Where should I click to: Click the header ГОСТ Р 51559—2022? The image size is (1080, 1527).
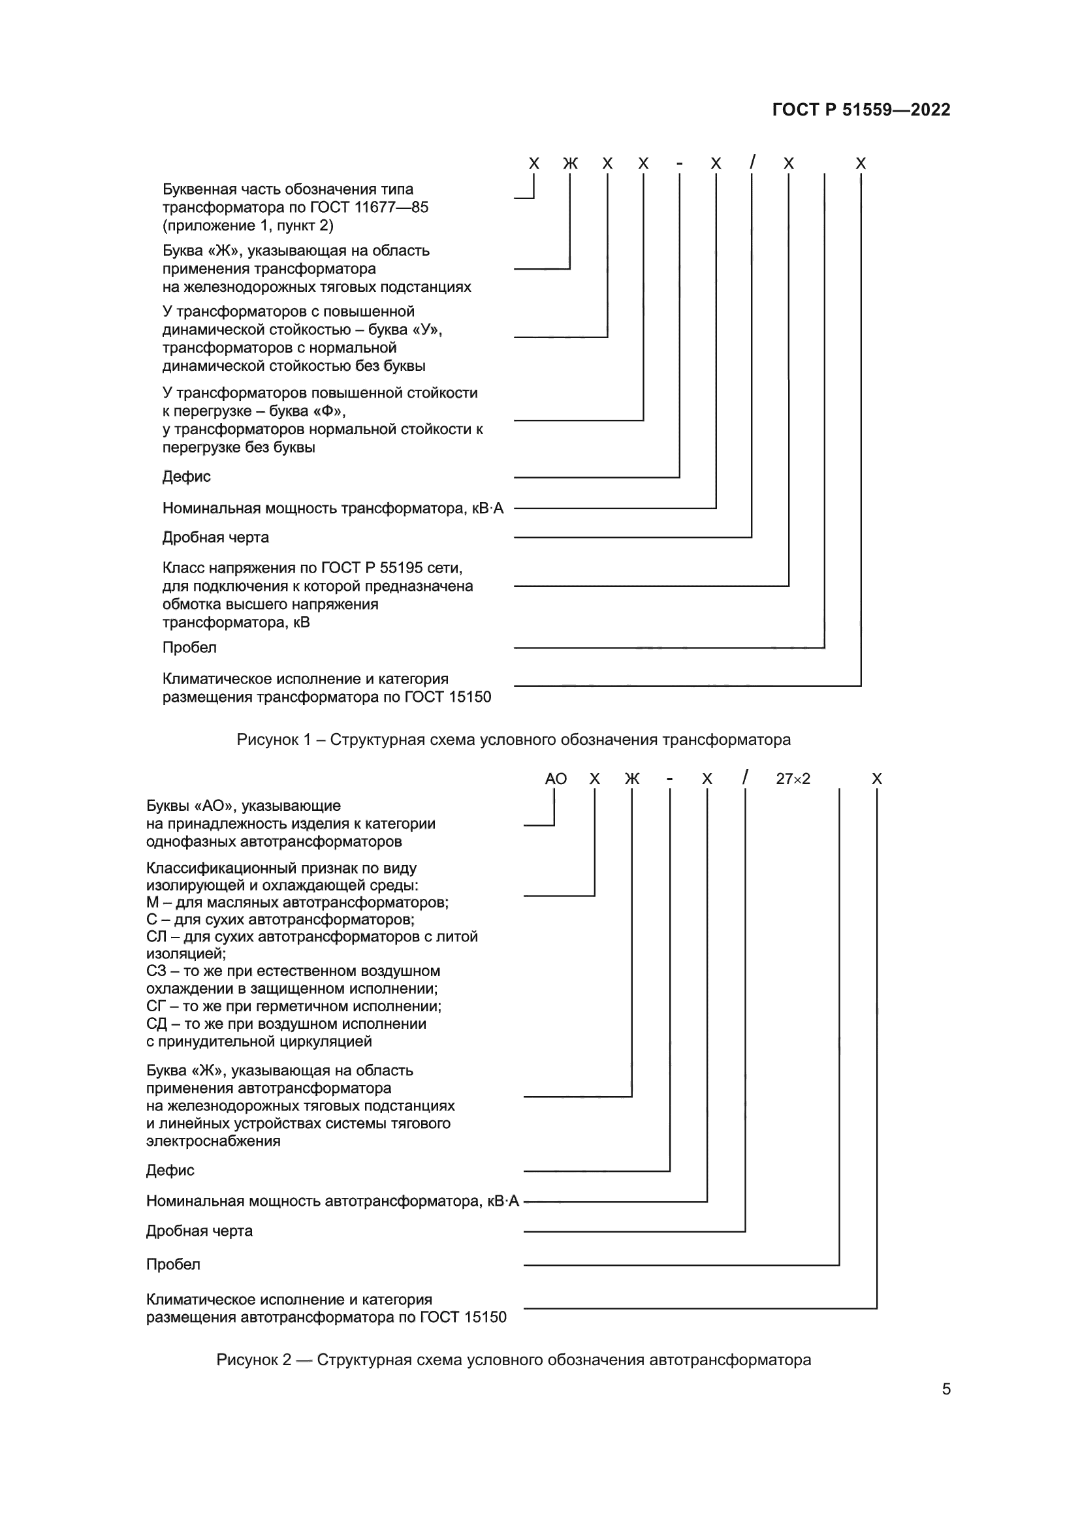861,110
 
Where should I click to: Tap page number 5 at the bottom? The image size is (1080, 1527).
945,1389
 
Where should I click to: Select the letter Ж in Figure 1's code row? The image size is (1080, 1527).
570,164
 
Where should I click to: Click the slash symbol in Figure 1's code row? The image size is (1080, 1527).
752,163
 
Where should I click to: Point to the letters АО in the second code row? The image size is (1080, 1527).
555,779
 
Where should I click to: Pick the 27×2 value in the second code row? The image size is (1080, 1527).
793,779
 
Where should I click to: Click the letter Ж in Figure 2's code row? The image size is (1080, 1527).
632,779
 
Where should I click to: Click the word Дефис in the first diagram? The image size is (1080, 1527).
186,476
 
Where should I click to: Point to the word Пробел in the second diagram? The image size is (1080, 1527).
173,1265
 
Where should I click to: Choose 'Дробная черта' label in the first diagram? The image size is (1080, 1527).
215,537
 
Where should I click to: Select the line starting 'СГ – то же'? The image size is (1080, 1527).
293,1006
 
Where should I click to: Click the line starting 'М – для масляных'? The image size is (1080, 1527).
297,902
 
